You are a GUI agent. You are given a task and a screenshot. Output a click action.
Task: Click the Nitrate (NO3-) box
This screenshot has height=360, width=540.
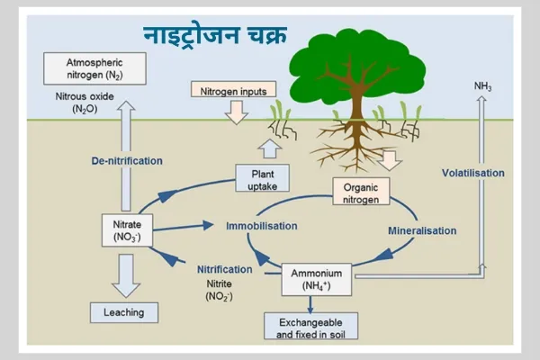pos(125,230)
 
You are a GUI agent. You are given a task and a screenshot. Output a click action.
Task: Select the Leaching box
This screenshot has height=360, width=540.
pos(124,312)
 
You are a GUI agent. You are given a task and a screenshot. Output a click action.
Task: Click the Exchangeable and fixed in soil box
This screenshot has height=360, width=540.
pos(310,326)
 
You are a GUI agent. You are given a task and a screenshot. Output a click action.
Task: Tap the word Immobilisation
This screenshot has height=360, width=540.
pos(262,225)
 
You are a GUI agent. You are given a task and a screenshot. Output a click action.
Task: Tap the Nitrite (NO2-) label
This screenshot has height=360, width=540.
pos(220,289)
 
